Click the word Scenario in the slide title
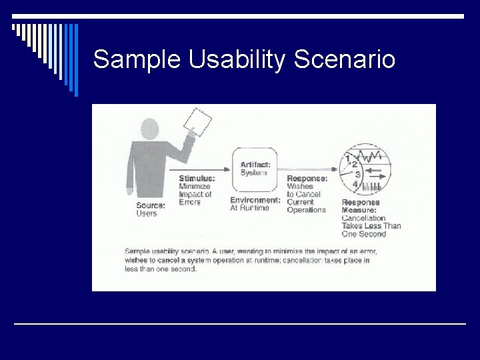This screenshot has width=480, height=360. coord(344,60)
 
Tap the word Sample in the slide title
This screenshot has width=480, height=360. coord(137,60)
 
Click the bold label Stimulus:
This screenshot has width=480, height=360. coord(197,179)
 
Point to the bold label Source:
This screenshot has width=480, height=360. coord(151,205)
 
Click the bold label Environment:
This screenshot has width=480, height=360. coord(255,200)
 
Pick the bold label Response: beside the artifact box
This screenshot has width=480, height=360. coord(307,179)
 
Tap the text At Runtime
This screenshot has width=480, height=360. coord(250,208)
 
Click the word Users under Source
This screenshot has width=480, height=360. coord(147,213)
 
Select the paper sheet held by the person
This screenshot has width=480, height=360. coord(198,123)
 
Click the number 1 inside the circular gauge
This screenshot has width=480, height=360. coord(347,158)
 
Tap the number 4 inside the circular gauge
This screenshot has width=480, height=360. coord(355,184)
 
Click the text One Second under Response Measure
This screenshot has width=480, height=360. coord(363,234)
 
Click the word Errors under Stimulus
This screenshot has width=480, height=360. coord(190,202)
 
